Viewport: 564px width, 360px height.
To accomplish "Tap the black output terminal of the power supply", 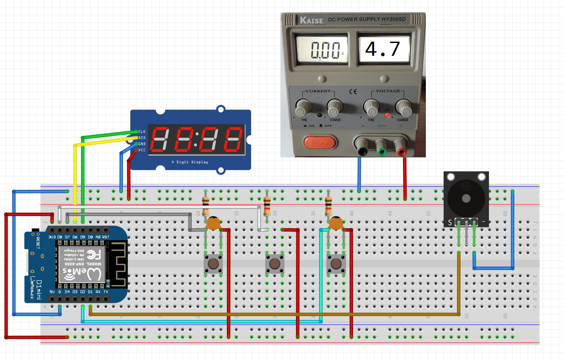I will pos(362,148).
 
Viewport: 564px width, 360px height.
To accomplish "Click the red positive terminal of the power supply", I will pos(402,148).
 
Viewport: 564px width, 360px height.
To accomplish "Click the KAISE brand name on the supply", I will pos(311,20).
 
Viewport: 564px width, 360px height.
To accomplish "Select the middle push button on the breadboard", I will pos(274,264).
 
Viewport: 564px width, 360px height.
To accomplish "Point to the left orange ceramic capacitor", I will pos(213,224).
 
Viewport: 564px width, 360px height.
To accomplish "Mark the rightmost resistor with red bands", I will pos(328,206).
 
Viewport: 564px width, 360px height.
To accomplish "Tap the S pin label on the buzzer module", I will pos(450,222).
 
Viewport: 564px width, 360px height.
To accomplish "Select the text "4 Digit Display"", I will pos(190,162).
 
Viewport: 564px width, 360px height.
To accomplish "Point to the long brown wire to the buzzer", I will pos(274,315).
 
